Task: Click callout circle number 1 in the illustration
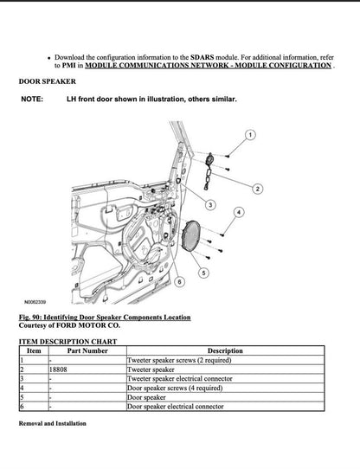pyautogui.click(x=250, y=135)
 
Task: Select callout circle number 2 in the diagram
pyautogui.click(x=258, y=188)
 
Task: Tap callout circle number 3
pyautogui.click(x=210, y=204)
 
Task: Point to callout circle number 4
pyautogui.click(x=239, y=211)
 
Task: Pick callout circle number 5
pyautogui.click(x=203, y=273)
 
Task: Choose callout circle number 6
pyautogui.click(x=178, y=282)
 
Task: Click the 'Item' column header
pyautogui.click(x=34, y=350)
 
